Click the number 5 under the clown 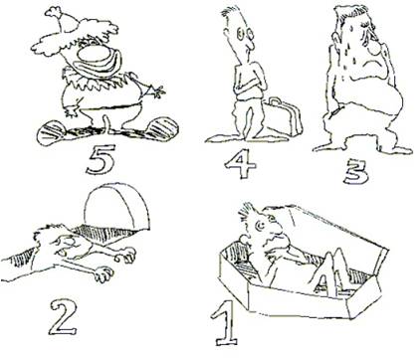click(101, 159)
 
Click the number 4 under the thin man click(240, 163)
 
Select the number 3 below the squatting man click(356, 172)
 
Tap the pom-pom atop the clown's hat click(53, 12)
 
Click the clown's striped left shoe click(54, 134)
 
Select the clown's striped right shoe click(161, 128)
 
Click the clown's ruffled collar click(100, 80)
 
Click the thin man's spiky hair click(230, 13)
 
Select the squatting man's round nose click(376, 48)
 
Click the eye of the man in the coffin click(260, 226)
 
